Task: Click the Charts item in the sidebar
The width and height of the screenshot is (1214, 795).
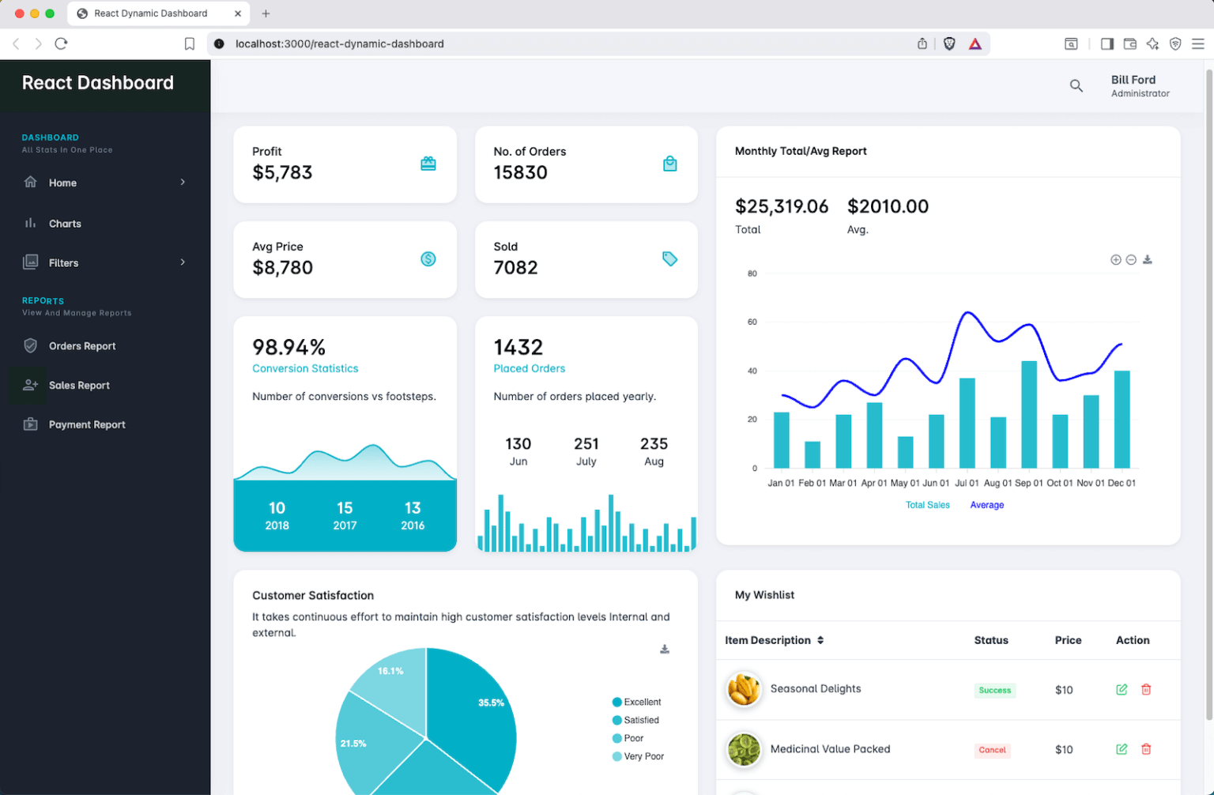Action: (x=65, y=224)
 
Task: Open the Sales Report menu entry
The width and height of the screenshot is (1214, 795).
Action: (x=79, y=386)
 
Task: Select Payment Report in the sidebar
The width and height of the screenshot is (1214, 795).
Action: (x=87, y=425)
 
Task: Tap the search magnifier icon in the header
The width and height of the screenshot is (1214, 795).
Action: (x=1076, y=85)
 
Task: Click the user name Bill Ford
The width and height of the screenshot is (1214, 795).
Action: (x=1133, y=80)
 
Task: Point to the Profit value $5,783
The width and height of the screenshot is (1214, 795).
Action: (x=282, y=173)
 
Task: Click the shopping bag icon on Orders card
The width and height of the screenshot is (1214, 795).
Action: (x=669, y=164)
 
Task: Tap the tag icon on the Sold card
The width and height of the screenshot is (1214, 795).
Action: (x=669, y=259)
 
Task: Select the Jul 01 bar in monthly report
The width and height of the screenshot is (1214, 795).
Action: (x=967, y=423)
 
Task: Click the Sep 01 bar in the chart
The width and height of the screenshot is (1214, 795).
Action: (x=1028, y=414)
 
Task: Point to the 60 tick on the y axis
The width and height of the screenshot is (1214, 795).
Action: (x=752, y=322)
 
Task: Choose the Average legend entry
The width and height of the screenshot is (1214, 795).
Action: (x=986, y=505)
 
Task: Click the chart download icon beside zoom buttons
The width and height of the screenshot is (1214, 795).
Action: (x=1147, y=260)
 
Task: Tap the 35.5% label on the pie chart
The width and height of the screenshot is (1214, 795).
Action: (x=491, y=703)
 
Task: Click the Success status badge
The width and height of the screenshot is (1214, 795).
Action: (x=994, y=691)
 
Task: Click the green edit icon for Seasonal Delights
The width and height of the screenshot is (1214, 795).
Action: (x=1121, y=690)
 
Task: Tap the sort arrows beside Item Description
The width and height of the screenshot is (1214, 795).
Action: (x=820, y=640)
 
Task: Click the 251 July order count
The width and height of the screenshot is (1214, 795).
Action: (x=586, y=444)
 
